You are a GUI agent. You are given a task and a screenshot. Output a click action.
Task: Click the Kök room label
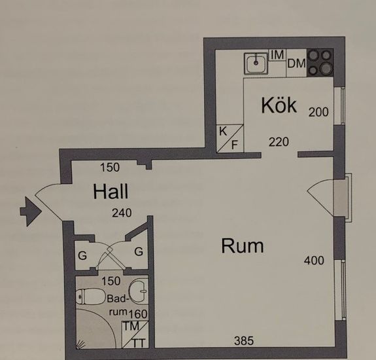tap(279, 105)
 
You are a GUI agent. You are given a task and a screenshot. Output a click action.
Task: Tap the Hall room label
tap(111, 192)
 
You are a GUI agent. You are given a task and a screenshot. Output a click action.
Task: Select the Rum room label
tap(242, 245)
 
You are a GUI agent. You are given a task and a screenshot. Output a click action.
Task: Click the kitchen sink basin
tap(256, 63)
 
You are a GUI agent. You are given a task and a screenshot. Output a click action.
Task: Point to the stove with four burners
tap(320, 63)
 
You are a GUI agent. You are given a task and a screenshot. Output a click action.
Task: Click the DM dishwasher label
tap(296, 63)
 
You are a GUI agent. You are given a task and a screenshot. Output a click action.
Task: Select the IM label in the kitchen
tap(277, 55)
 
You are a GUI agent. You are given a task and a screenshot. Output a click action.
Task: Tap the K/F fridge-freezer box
tap(230, 138)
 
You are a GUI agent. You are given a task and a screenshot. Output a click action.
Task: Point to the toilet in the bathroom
tap(90, 297)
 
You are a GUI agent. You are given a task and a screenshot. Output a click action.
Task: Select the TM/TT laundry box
tap(135, 334)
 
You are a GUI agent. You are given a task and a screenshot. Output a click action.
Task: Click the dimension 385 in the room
tap(244, 340)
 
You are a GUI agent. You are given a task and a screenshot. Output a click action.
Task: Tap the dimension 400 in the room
tap(314, 261)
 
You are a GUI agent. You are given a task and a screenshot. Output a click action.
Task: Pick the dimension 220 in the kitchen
tap(279, 142)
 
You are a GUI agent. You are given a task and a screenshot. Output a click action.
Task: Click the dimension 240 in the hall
tap(122, 213)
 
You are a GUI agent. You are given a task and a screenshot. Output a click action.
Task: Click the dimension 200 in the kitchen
tap(318, 112)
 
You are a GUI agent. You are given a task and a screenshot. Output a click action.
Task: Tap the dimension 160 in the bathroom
tap(138, 314)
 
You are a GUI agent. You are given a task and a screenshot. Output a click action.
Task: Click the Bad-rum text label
tap(118, 305)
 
